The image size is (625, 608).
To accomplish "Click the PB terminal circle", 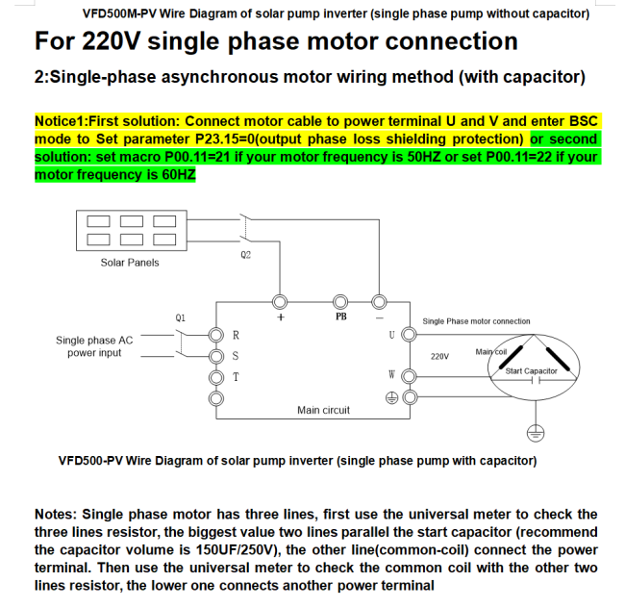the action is coord(340,302).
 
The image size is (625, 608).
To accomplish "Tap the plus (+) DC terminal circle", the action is coord(280,302).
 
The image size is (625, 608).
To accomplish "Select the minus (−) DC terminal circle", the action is coord(379,302).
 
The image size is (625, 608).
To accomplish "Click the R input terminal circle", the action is coord(216,335).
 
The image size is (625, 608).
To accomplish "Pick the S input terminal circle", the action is coord(216,356).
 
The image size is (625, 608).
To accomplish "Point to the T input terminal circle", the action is coord(216,377).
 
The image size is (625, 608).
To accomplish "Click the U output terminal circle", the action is coord(409,334).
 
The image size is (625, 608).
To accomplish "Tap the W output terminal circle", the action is coord(410,376).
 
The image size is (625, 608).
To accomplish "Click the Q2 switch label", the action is coord(245,255).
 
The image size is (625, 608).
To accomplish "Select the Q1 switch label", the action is coord(180,317).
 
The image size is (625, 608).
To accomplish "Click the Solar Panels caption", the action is coord(130,263).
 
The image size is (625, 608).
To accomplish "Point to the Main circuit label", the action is coord(323,410).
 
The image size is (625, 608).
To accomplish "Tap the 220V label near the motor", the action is coord(439,356).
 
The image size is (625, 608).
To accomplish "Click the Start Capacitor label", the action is coord(531,370).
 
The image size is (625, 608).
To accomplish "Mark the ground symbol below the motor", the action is coord(536,433).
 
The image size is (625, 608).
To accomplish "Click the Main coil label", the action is coord(491,352).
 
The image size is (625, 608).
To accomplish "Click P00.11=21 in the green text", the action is coord(198,157).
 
